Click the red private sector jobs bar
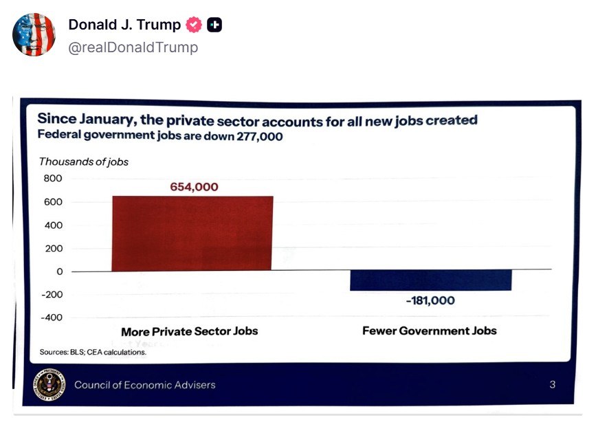(192, 233)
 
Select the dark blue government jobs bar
(430, 280)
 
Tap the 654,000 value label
(194, 187)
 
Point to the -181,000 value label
(430, 300)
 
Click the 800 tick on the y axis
(53, 179)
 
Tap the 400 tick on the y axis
(53, 225)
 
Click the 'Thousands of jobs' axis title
(83, 162)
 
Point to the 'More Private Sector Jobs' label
(190, 331)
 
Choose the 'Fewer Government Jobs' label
(429, 331)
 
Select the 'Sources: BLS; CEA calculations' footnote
(93, 352)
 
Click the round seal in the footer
(49, 384)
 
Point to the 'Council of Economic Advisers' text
(144, 385)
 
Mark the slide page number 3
(552, 385)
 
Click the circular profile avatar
(34, 35)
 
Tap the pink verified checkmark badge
(195, 25)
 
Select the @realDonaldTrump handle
(133, 47)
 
